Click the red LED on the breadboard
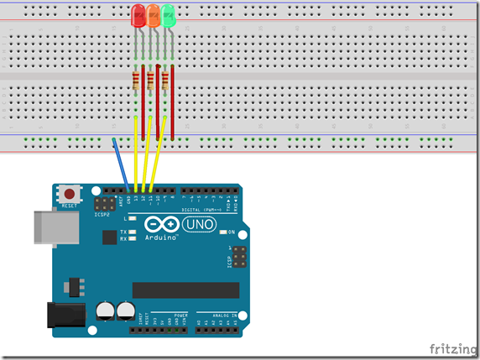coord(138,15)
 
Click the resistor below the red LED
coord(137,81)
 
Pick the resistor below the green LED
coord(166,81)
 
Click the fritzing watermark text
coord(451,348)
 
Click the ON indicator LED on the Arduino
coord(225,232)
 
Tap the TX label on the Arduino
coord(123,231)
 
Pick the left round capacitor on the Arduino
coord(107,310)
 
